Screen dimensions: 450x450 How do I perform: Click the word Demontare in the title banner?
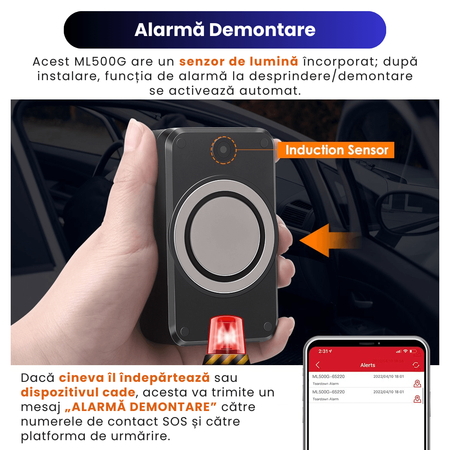262,30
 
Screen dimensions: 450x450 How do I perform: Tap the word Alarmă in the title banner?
170,30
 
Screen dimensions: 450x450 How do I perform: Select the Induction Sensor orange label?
336,150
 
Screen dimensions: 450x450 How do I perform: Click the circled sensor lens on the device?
224,150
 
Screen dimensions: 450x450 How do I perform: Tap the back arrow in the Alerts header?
318,365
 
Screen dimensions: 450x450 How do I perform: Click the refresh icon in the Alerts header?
415,365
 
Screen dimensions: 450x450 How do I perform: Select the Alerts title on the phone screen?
368,365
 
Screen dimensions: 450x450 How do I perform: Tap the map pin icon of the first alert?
417,384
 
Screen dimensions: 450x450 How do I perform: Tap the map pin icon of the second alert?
417,399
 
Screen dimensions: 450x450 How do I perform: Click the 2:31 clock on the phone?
324,351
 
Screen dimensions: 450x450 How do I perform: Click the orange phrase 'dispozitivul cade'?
78,393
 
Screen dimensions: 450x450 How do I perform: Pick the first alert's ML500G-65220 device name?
328,377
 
